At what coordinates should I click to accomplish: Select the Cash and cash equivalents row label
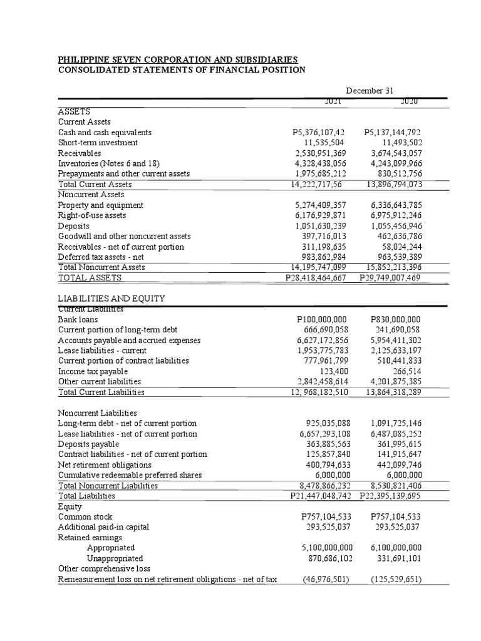point(105,133)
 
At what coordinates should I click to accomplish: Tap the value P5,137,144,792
point(392,133)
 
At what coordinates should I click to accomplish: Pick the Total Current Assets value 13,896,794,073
point(393,184)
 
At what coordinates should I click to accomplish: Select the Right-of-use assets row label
point(91,215)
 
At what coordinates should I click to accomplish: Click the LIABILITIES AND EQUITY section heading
point(111,299)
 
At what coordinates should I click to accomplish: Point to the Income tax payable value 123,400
point(334,371)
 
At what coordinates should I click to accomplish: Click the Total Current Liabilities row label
point(101,392)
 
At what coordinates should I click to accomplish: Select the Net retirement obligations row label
point(105,465)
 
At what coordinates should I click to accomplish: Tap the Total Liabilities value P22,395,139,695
point(391,496)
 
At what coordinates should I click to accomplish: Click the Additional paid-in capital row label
point(103,527)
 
